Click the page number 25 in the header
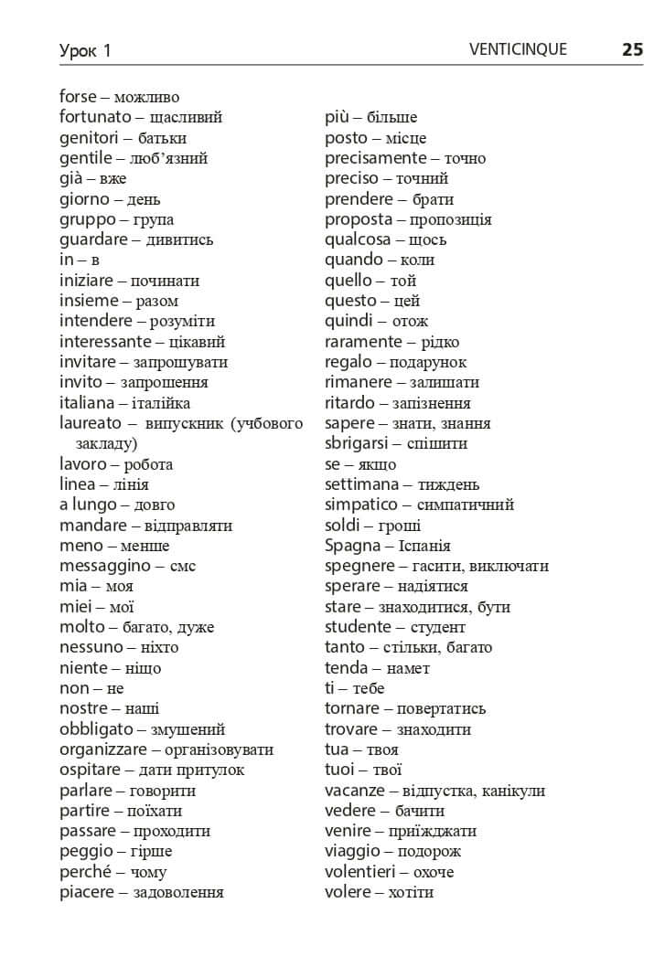(632, 49)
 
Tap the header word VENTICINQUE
(517, 49)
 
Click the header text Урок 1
(85, 51)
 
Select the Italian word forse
(78, 97)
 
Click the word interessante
(105, 342)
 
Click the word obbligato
(96, 729)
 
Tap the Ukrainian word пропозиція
(451, 220)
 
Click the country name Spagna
(352, 546)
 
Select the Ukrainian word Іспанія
(424, 547)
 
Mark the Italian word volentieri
(363, 872)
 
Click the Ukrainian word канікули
(513, 791)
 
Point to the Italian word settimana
(361, 484)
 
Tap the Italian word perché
(86, 872)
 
